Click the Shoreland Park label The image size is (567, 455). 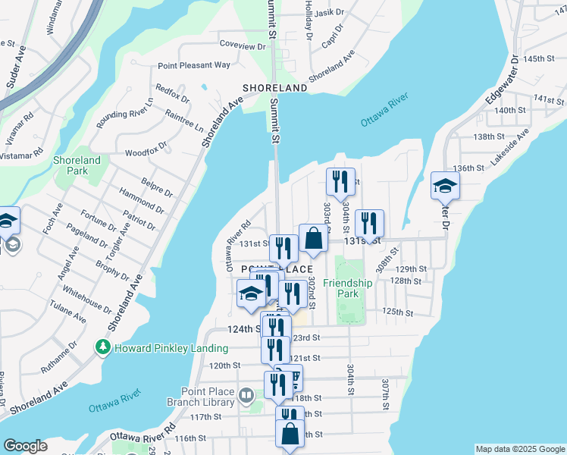coord(77,166)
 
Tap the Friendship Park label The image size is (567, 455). coord(348,288)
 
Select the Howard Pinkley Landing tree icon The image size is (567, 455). coord(102,347)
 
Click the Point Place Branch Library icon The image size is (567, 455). coord(246,395)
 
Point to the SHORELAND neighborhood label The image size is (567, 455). coord(274,88)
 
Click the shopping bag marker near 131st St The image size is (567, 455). coord(313,238)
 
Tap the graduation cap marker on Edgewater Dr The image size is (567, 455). coord(445,185)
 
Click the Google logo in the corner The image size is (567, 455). coord(25,446)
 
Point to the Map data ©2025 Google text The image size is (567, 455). coord(519,449)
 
